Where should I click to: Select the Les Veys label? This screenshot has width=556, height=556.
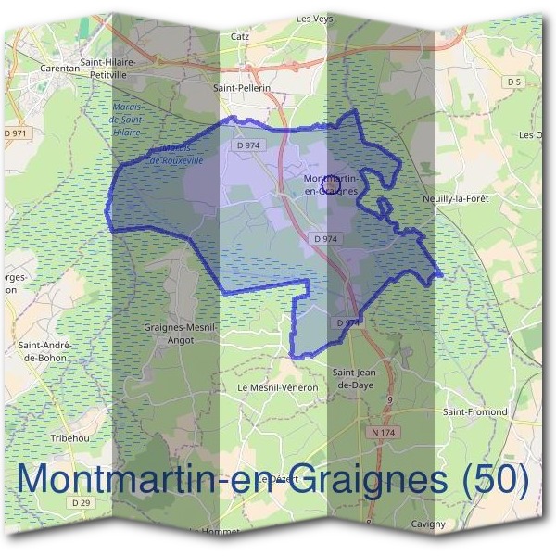coord(314,18)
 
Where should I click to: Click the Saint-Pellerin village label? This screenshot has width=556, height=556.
coord(241,87)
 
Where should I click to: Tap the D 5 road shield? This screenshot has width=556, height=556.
coord(514,82)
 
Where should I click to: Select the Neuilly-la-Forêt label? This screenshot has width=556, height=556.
coord(480,198)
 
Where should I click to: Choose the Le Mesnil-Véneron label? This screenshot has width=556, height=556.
coord(277,386)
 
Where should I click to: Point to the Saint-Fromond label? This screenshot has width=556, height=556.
coord(475,411)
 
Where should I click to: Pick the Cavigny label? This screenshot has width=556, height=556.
coord(428,524)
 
